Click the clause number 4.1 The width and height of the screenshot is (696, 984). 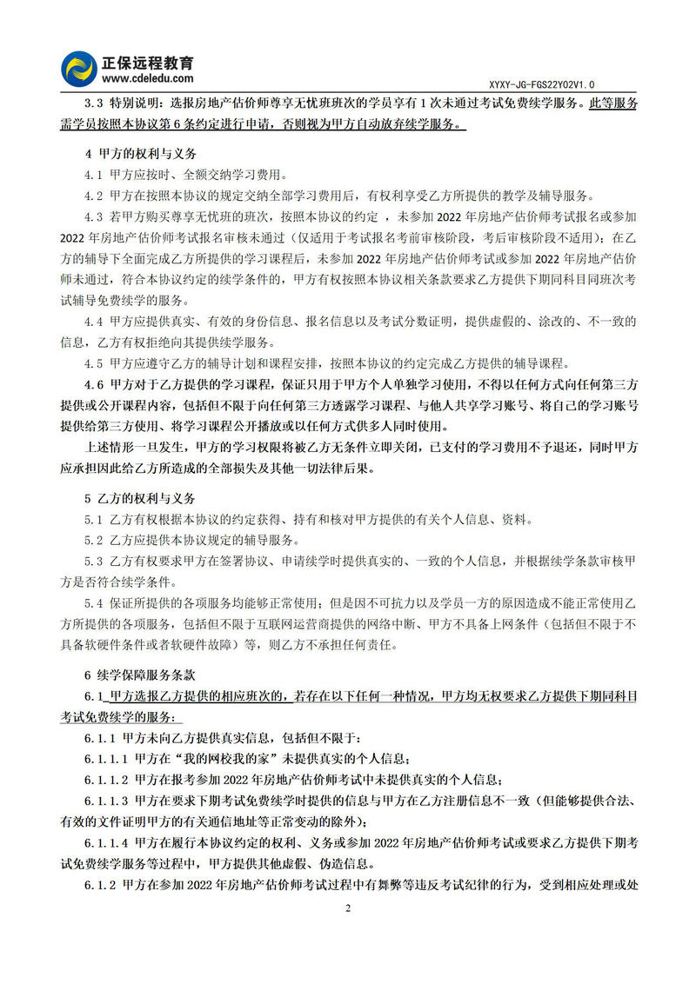(x=94, y=175)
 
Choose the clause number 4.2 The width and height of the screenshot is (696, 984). (x=94, y=196)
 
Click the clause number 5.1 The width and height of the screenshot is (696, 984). (x=94, y=520)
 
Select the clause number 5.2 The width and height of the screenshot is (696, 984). (x=94, y=541)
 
